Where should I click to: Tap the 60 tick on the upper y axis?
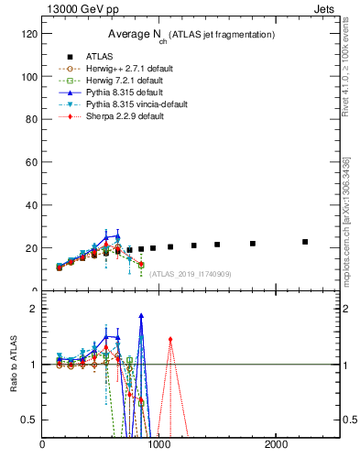(x=31, y=162)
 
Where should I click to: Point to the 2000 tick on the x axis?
(x=277, y=444)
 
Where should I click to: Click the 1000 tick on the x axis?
(x=159, y=444)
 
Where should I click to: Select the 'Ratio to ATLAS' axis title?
(x=13, y=365)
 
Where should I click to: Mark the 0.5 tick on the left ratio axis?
(x=29, y=420)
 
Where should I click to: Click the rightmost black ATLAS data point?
(x=305, y=242)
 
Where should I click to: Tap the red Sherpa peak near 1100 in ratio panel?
(x=170, y=339)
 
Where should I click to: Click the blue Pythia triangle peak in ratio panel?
(x=141, y=316)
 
